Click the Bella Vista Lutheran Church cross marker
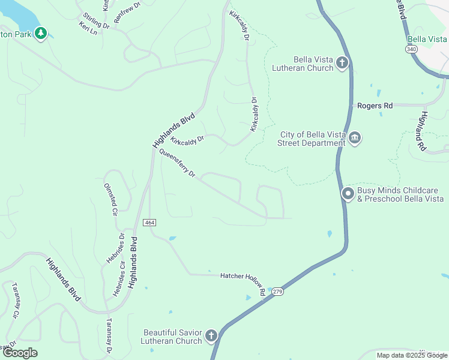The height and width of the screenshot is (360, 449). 342,63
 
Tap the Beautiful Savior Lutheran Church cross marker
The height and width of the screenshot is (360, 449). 211,336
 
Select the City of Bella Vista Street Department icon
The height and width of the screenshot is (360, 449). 355,139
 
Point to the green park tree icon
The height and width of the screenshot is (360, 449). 41,34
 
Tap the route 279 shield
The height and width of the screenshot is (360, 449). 277,292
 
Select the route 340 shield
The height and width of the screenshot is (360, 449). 411,49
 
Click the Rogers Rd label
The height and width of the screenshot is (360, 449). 375,106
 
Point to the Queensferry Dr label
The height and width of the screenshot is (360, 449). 178,163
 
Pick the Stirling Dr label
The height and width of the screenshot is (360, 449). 96,21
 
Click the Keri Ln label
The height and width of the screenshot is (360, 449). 88,28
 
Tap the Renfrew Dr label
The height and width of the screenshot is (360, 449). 127,12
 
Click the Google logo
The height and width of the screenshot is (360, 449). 20,353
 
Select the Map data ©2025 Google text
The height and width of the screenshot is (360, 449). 411,355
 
